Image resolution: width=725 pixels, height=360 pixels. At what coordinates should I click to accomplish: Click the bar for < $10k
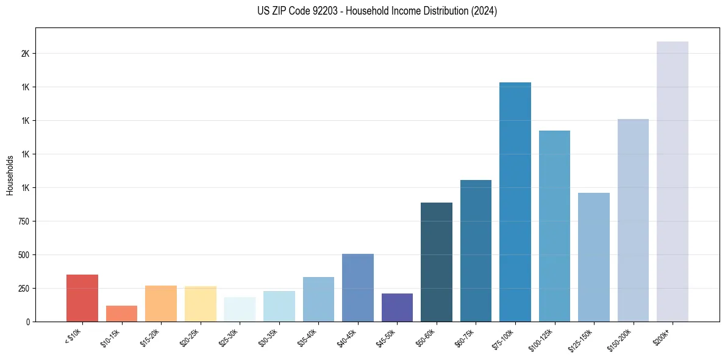(x=82, y=298)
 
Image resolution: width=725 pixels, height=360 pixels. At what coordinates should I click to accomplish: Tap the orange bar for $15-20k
(x=161, y=303)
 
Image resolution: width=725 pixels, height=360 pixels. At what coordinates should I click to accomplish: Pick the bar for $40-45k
(x=358, y=287)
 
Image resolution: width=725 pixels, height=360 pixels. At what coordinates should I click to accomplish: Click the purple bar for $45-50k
(x=397, y=308)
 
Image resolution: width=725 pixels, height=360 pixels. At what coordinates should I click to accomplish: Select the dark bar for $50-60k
(x=437, y=262)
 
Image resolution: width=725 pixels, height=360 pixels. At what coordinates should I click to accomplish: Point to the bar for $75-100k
(x=515, y=202)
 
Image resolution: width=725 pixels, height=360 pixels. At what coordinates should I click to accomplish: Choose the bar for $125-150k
(x=594, y=257)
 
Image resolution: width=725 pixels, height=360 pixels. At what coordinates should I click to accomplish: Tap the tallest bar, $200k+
(x=673, y=181)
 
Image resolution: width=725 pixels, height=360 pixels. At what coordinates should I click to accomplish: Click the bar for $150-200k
(x=633, y=220)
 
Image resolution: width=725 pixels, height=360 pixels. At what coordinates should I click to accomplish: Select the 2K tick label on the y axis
(x=26, y=54)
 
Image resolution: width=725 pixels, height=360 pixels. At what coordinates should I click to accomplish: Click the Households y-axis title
(x=10, y=175)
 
